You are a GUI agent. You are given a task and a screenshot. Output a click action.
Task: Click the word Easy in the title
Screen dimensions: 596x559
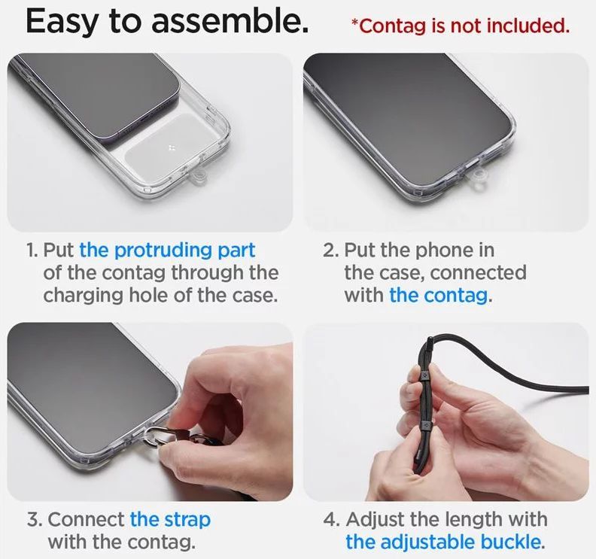tap(62, 22)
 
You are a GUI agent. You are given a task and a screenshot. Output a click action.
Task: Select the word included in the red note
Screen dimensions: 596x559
tap(528, 25)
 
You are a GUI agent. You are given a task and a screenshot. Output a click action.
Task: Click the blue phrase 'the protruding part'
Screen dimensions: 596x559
tap(167, 251)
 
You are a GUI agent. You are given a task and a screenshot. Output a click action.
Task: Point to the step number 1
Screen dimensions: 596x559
tap(32, 251)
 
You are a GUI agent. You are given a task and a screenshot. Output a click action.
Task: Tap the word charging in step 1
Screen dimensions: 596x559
tap(84, 296)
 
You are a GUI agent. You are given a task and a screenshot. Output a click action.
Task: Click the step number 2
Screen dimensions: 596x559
tap(330, 251)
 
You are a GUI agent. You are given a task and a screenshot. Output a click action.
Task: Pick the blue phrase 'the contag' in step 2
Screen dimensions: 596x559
tap(439, 295)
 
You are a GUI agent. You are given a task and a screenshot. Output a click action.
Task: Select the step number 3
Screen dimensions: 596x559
tap(34, 519)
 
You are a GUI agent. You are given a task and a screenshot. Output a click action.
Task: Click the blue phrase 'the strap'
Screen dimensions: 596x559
tap(170, 520)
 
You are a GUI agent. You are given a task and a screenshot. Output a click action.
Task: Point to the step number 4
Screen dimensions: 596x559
tap(330, 519)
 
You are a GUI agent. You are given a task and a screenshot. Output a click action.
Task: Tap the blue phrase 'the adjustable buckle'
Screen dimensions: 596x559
tap(442, 542)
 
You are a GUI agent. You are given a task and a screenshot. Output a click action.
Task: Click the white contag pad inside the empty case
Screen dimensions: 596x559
tap(169, 144)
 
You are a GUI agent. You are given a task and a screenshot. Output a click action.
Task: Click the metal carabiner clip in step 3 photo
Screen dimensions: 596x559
tap(155, 437)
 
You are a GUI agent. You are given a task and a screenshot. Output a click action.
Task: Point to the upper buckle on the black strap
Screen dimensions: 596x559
tap(424, 375)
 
